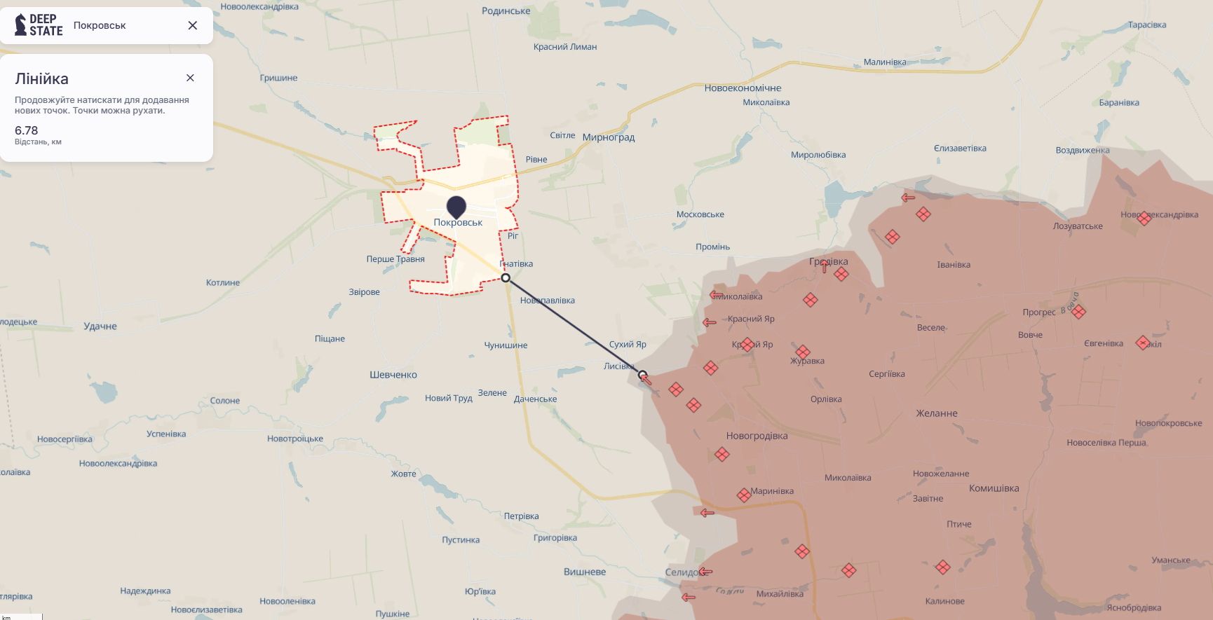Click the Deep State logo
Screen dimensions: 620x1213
click(39, 25)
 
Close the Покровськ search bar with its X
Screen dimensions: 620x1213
click(193, 25)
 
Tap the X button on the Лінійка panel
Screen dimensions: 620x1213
click(190, 78)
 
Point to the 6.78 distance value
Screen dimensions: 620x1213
click(27, 130)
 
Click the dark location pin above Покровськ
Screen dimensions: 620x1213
click(456, 207)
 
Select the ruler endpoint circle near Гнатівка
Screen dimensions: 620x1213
click(506, 278)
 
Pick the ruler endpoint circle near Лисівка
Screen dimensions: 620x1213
click(642, 375)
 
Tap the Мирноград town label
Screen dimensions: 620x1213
click(609, 137)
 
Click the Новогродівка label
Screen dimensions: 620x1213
click(757, 436)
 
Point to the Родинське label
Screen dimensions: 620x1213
click(506, 11)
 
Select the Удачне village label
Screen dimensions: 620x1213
click(100, 326)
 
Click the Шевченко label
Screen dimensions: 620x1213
click(393, 375)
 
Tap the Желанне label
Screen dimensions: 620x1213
click(936, 413)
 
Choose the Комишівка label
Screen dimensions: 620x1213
click(994, 488)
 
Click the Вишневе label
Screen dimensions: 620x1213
click(584, 572)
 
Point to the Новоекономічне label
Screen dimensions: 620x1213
click(743, 88)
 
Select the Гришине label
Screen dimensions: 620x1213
click(278, 78)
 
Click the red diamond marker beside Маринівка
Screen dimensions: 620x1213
click(744, 495)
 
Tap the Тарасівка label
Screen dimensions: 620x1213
click(1147, 25)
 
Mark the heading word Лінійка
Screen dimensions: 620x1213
click(42, 79)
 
